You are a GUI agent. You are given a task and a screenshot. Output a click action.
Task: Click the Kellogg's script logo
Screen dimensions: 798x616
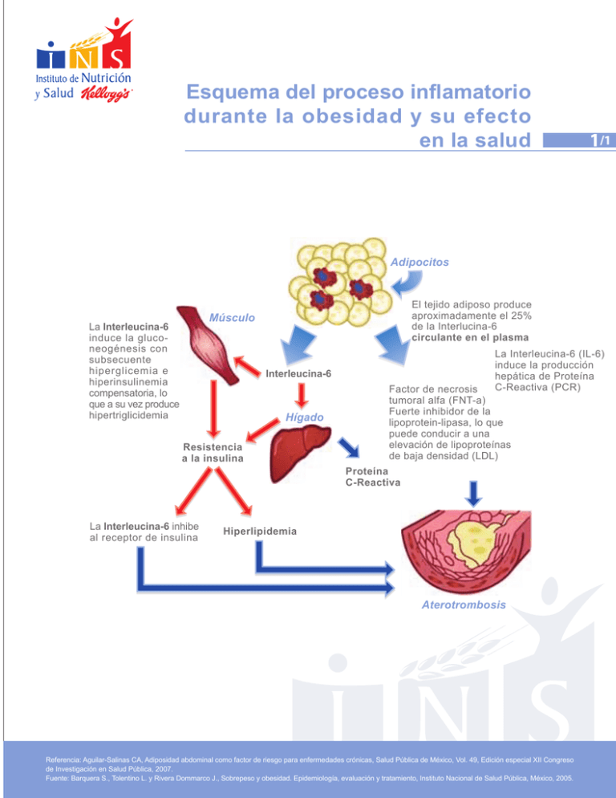pos(109,95)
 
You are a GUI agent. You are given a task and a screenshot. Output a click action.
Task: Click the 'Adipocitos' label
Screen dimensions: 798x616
pos(420,262)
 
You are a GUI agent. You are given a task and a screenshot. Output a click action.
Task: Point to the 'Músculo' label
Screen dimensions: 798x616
pos(232,319)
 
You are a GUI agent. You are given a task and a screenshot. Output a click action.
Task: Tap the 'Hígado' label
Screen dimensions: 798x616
pos(304,417)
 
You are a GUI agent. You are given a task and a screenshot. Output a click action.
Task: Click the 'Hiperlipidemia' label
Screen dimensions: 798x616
pos(258,531)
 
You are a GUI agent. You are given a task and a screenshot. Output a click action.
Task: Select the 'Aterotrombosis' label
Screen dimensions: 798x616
pos(464,605)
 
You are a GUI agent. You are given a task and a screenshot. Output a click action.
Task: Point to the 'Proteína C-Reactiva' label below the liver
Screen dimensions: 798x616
pos(373,477)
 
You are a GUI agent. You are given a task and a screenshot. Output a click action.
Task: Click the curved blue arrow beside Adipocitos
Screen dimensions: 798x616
pos(407,281)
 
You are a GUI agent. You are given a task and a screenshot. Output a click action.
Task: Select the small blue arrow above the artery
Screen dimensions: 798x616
pos(473,491)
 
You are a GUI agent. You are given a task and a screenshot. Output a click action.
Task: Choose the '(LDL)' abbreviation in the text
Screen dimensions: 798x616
pos(480,456)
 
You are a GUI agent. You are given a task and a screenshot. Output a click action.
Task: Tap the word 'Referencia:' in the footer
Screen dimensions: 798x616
pos(70,758)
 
